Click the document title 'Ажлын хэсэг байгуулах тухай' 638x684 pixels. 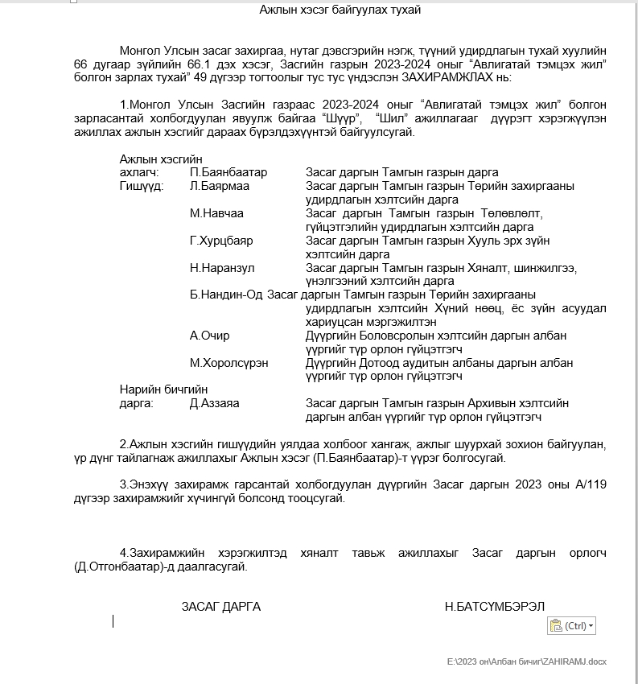340,10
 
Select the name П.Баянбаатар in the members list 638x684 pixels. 228,172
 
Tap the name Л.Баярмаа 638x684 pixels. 220,186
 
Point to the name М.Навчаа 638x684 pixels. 216,213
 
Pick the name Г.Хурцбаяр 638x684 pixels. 221,241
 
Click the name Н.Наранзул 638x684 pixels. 222,268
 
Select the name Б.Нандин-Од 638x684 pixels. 227,295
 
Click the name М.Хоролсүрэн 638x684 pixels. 229,363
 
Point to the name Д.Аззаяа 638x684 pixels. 214,403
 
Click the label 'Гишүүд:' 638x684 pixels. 142,186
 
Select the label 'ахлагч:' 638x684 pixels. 139,172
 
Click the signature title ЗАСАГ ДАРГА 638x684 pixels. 220,607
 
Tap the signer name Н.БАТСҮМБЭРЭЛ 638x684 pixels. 495,607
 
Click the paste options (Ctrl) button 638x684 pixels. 572,625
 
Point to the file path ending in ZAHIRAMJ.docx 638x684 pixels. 527,661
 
